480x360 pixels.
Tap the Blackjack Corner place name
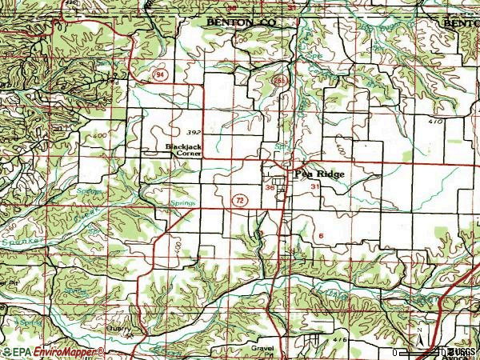[x=183, y=150]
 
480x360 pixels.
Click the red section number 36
[x=270, y=187]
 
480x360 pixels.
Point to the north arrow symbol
[x=419, y=331]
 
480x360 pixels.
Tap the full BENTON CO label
[x=240, y=25]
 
